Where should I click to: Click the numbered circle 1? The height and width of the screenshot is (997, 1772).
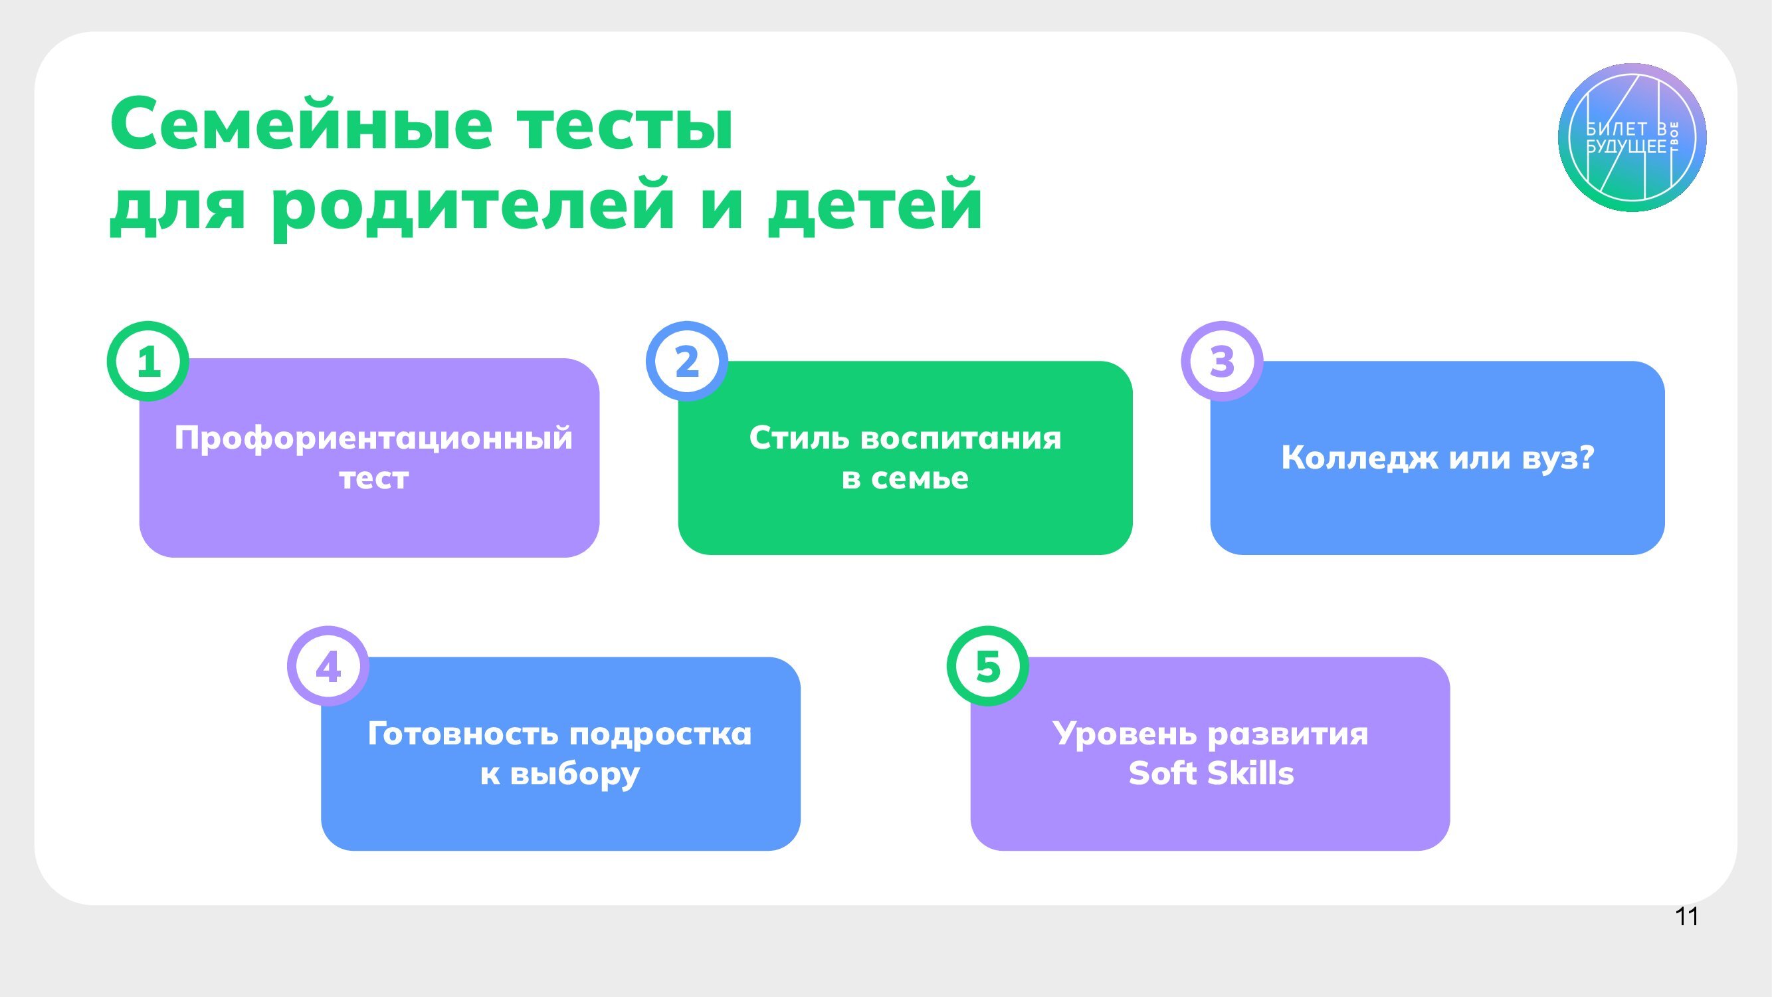pyautogui.click(x=148, y=361)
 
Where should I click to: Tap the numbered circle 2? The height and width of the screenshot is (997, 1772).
pyautogui.click(x=686, y=361)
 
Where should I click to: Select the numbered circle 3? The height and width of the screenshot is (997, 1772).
pyautogui.click(x=1223, y=361)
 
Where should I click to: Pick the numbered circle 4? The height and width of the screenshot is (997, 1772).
pyautogui.click(x=328, y=666)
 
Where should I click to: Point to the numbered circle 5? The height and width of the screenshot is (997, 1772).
pyautogui.click(x=988, y=666)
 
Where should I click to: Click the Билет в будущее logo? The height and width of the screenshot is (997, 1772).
pyautogui.click(x=1632, y=138)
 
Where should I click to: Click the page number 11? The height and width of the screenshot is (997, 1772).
pyautogui.click(x=1687, y=917)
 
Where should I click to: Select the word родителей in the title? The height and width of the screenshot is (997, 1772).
pyautogui.click(x=472, y=204)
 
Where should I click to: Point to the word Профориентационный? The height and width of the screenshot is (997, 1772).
pyautogui.click(x=373, y=438)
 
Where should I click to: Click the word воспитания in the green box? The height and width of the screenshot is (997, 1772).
pyautogui.click(x=961, y=437)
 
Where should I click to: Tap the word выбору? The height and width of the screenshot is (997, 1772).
pyautogui.click(x=575, y=774)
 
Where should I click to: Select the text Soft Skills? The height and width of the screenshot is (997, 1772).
pyautogui.click(x=1211, y=774)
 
